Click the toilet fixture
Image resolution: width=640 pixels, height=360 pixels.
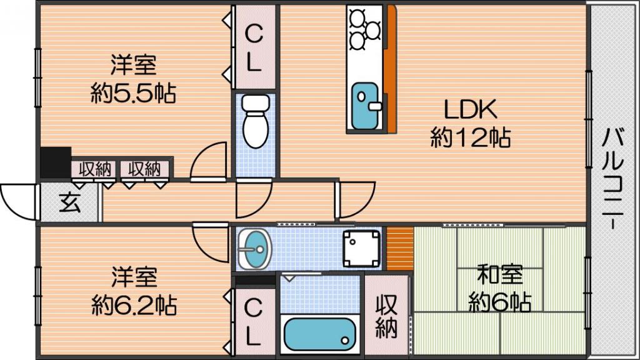pos(256,121)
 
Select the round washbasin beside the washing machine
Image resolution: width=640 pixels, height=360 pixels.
pos(255,249)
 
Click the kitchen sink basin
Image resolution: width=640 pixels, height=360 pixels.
pos(364,106)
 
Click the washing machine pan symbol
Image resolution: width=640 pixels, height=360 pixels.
pos(361,248)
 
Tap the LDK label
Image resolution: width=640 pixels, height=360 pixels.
pos(470,109)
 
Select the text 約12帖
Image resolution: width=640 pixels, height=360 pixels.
pos(470,137)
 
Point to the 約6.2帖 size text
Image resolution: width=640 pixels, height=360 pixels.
pos(134,305)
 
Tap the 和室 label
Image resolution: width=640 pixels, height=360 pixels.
pos(500,275)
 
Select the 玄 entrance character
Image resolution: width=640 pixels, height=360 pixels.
pos(70,202)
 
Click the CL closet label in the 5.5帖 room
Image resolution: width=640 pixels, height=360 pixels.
pos(254,48)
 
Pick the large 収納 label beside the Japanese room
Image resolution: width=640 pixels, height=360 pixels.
pos(386,316)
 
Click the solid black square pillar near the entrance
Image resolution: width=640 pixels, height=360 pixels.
pos(56,162)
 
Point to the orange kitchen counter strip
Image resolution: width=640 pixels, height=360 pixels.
pos(391,69)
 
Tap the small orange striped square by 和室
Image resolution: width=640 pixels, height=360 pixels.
pos(400,248)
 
